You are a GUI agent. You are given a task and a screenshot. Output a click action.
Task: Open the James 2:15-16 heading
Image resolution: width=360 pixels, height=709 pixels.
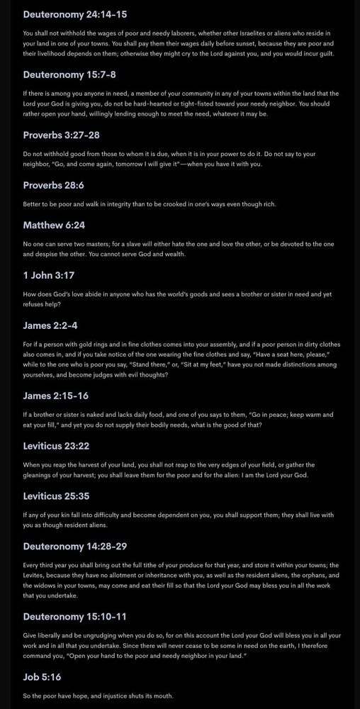(55, 395)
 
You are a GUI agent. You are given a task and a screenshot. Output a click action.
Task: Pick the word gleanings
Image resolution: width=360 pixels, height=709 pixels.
(42, 474)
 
